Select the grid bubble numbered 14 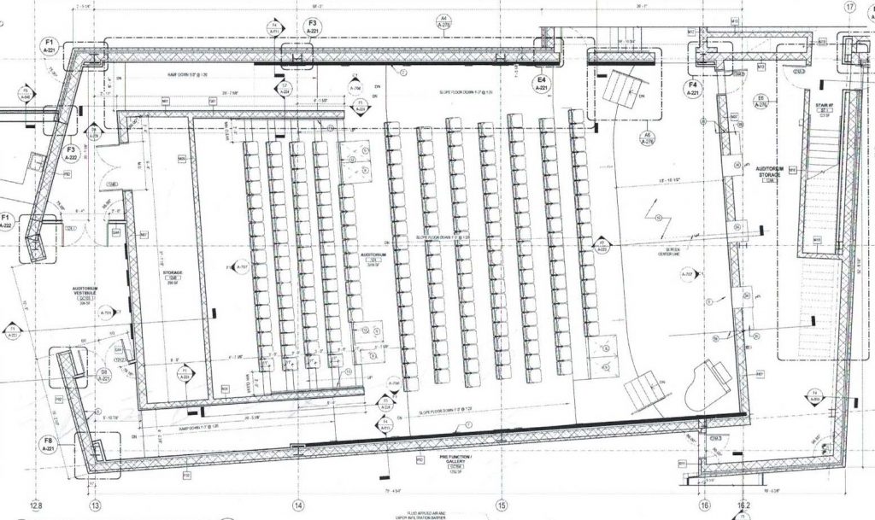[x=298, y=505]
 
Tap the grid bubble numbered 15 [x=501, y=505]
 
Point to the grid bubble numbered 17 [x=849, y=7]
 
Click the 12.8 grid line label [x=36, y=505]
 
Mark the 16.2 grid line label [x=743, y=505]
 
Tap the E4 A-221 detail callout [x=541, y=84]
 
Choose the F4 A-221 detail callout [x=694, y=90]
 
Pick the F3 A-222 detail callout [x=73, y=153]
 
